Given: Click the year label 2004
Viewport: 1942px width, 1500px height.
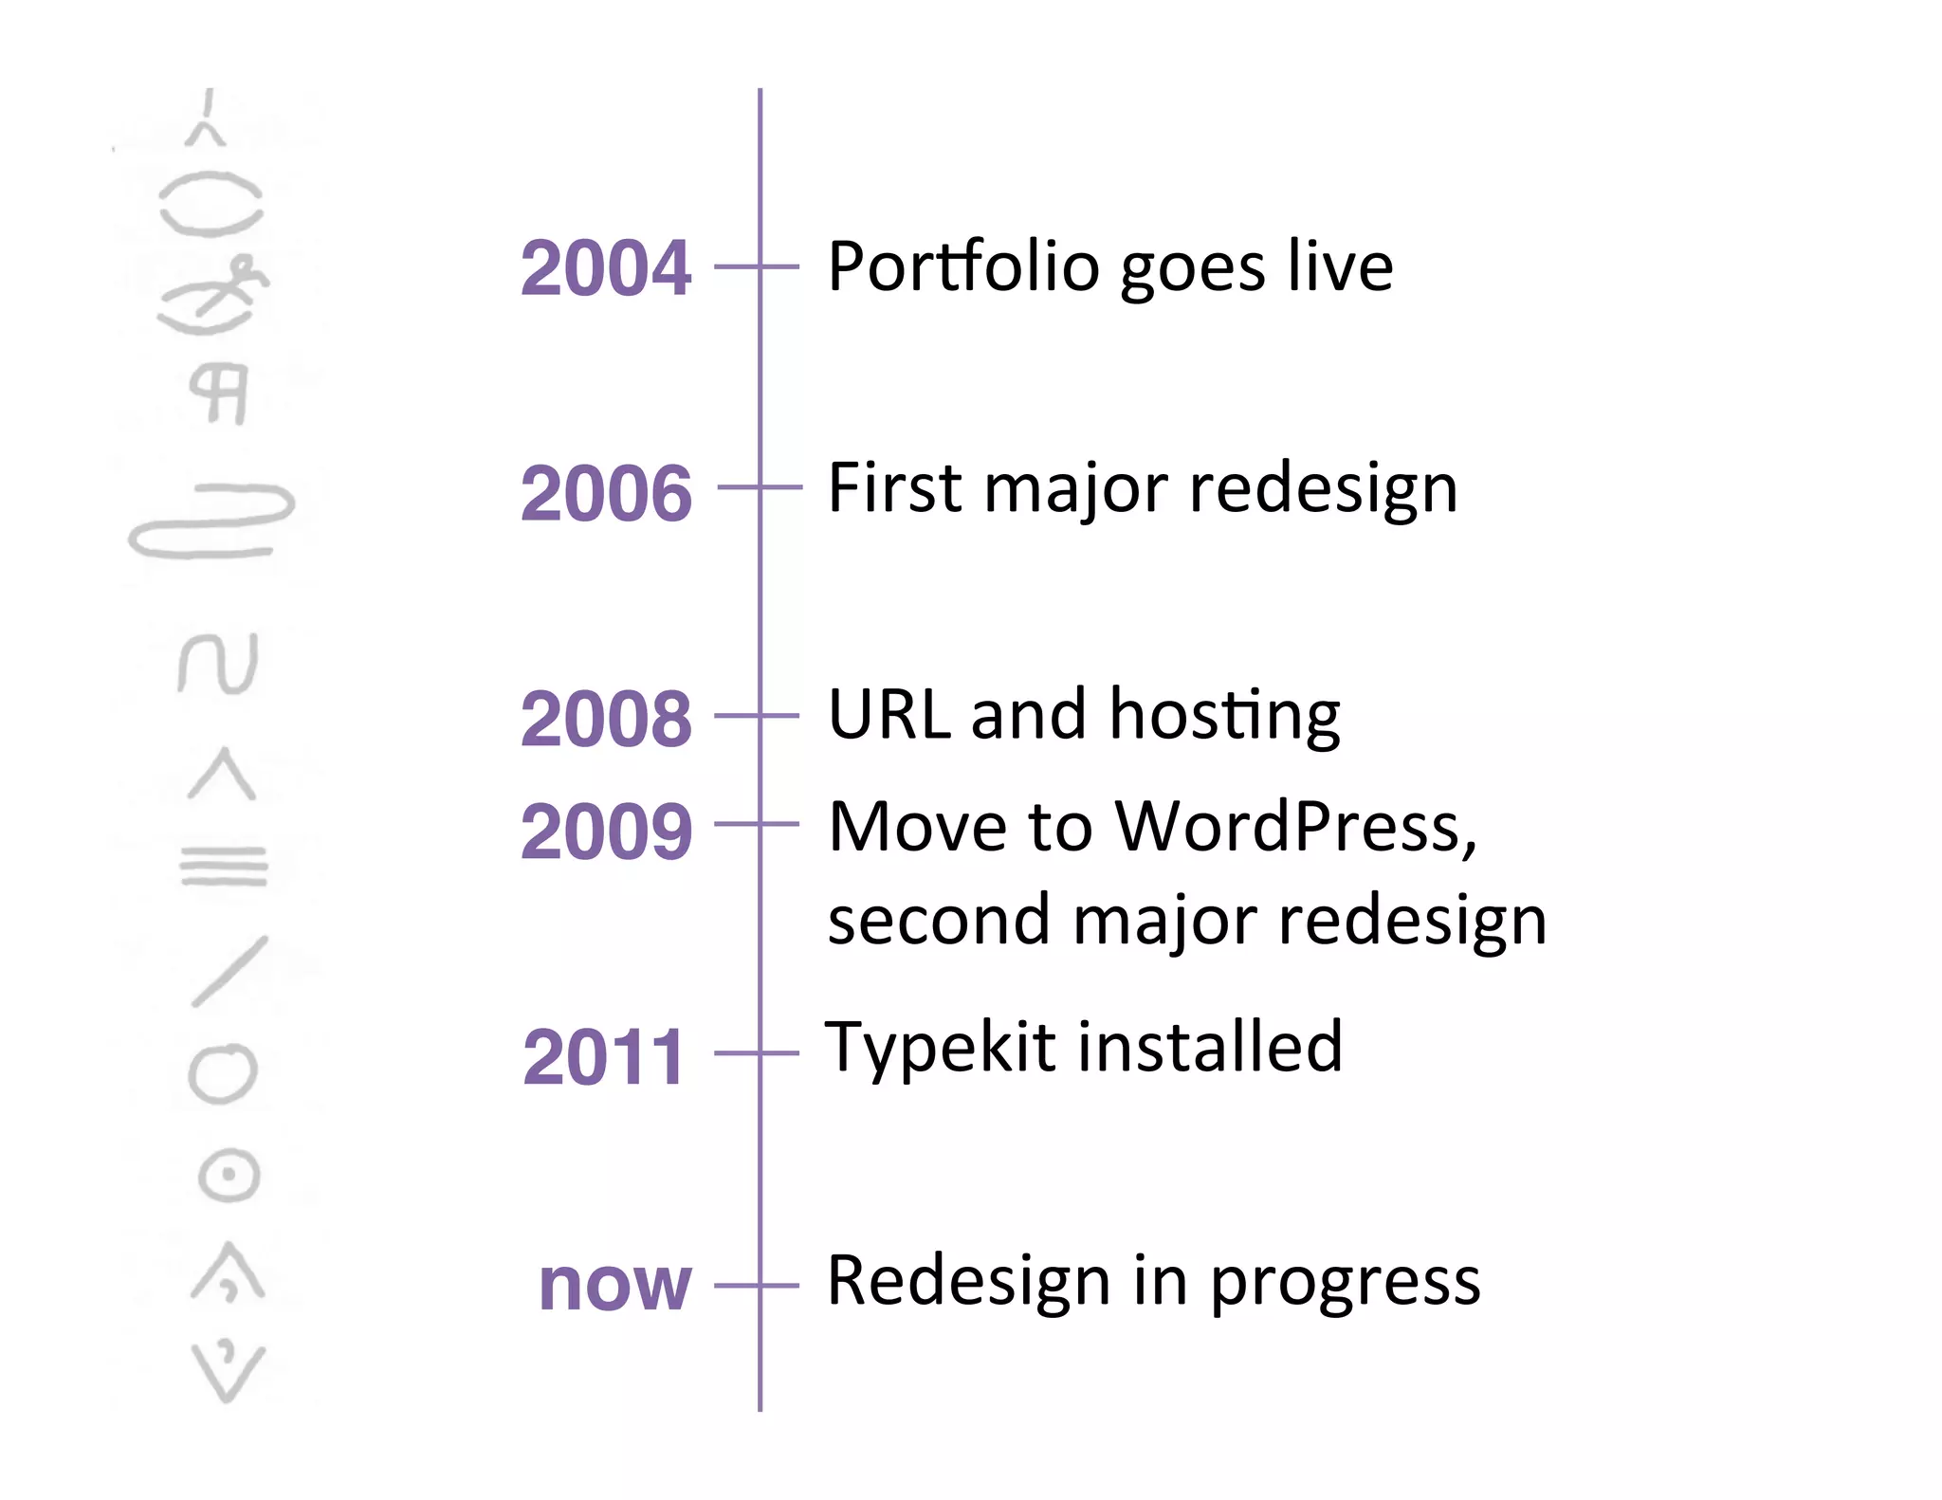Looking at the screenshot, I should point(606,268).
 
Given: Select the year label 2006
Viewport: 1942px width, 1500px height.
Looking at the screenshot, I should point(606,493).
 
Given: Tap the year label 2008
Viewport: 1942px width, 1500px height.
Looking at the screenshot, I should point(606,719).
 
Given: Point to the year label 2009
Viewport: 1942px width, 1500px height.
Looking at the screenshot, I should point(606,832).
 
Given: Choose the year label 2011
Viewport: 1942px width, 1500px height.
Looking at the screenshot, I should point(603,1056).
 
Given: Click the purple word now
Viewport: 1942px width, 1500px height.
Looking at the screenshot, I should point(614,1286).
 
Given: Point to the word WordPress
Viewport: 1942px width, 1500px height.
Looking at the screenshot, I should point(1294,827).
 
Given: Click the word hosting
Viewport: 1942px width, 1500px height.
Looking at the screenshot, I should point(1224,716).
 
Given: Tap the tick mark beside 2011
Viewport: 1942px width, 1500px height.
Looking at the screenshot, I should point(758,1052).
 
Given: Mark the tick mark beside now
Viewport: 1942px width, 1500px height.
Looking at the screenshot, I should point(758,1286).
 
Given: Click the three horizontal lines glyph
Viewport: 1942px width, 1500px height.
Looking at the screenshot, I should point(224,865).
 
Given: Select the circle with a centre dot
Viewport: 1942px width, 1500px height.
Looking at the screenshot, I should point(229,1176).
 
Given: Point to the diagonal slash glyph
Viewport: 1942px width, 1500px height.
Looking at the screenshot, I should point(229,971).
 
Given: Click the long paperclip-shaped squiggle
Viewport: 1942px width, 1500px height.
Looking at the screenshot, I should point(211,521).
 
